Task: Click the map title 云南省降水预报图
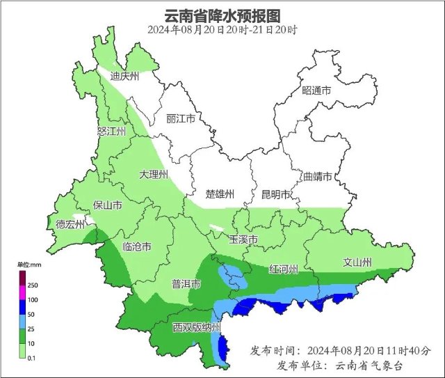tap(222, 15)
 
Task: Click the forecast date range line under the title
tap(222, 30)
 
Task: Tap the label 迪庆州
tap(125, 76)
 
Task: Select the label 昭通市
tap(316, 91)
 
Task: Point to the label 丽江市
tap(180, 118)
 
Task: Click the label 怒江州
tap(111, 132)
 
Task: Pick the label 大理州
tap(153, 174)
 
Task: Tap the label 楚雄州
tap(220, 194)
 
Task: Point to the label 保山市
tap(108, 205)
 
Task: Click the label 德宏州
tap(70, 224)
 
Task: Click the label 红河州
tap(284, 269)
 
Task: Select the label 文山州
tap(357, 262)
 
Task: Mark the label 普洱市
tap(186, 284)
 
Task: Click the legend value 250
tap(33, 285)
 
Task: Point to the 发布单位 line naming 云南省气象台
tap(339, 365)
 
